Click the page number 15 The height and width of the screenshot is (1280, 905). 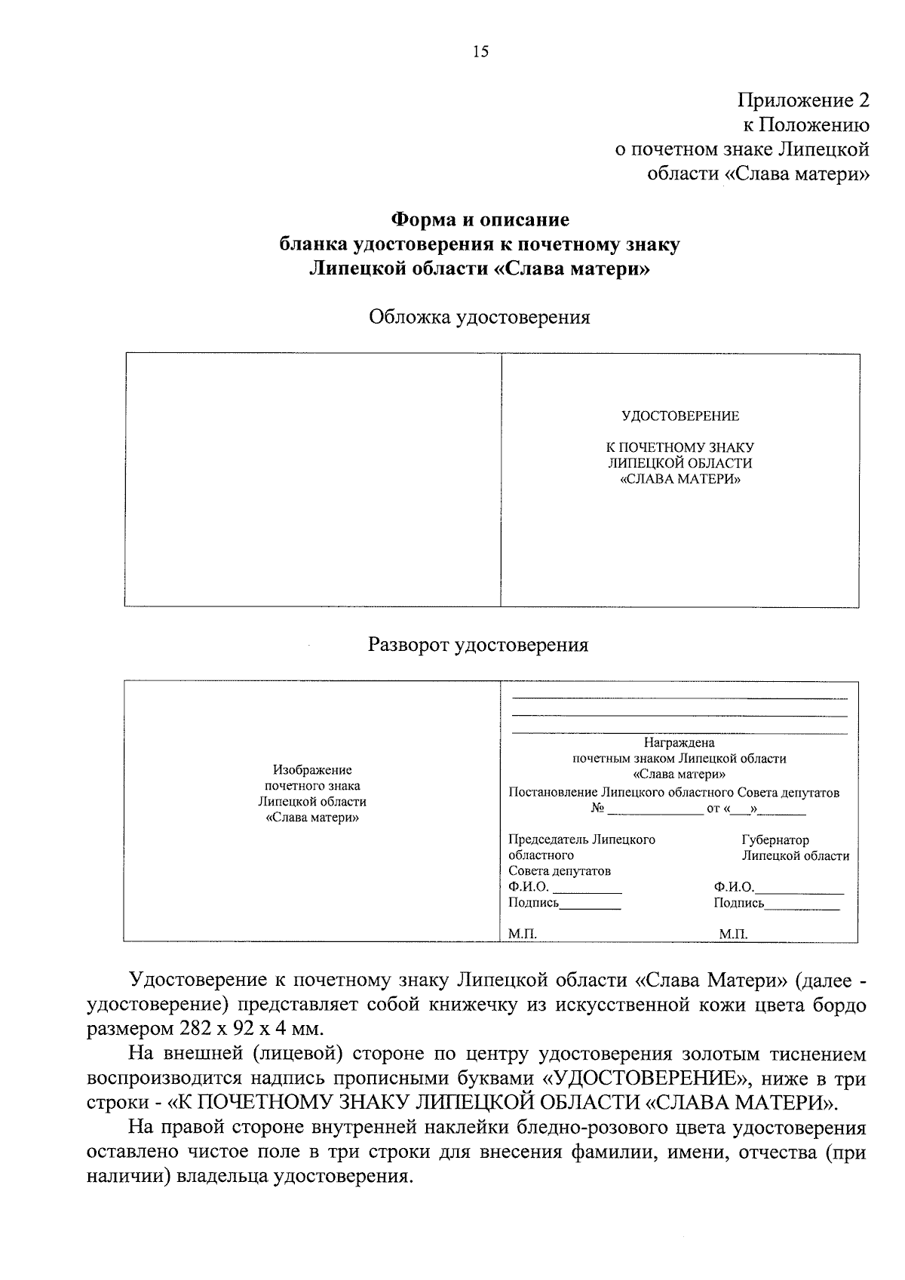(x=480, y=52)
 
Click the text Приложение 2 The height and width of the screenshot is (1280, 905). (x=803, y=100)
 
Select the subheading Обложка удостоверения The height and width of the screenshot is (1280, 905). (x=479, y=317)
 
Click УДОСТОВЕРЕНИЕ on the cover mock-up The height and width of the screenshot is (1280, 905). (x=680, y=416)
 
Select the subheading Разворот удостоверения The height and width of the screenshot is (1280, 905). (x=478, y=645)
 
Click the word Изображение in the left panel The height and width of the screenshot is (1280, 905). (x=312, y=770)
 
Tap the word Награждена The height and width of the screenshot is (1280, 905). (x=679, y=743)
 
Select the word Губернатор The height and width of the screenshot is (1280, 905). (x=775, y=840)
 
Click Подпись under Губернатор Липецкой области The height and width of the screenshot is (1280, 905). (x=738, y=903)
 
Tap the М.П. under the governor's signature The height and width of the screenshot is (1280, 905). (x=733, y=934)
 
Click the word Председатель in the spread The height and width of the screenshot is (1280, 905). (x=548, y=840)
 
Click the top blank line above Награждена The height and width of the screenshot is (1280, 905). (x=679, y=698)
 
